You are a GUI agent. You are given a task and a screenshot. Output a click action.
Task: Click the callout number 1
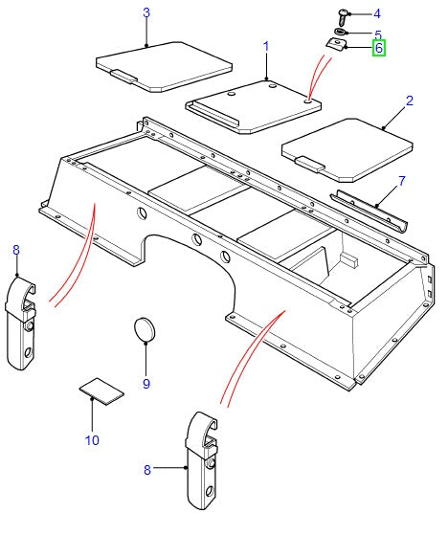click(265, 46)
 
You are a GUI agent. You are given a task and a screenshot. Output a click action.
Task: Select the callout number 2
click(409, 100)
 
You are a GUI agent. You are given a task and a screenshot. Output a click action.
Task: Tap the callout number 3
click(146, 12)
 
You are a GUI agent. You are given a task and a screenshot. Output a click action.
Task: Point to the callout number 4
click(376, 13)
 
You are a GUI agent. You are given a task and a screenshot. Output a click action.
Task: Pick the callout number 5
click(377, 33)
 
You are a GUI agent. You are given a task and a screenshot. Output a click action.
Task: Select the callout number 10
click(91, 440)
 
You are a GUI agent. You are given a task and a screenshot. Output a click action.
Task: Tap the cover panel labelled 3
click(165, 65)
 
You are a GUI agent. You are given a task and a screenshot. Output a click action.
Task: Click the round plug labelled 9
click(146, 330)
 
